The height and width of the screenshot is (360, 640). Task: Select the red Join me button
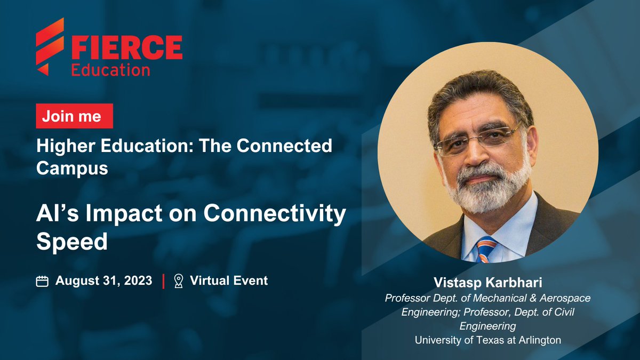point(74,116)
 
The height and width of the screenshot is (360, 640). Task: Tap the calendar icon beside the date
point(43,281)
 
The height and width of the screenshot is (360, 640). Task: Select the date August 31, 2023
point(103,281)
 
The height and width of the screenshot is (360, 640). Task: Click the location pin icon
point(179,281)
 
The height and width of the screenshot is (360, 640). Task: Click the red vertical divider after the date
point(163,281)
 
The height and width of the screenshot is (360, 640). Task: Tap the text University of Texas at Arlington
point(487,340)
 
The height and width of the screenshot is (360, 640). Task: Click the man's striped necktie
point(485,249)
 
